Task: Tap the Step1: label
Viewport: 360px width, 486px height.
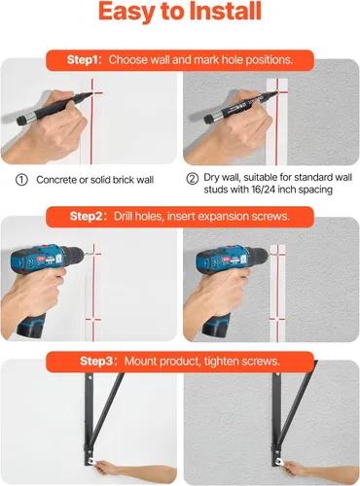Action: (x=85, y=60)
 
